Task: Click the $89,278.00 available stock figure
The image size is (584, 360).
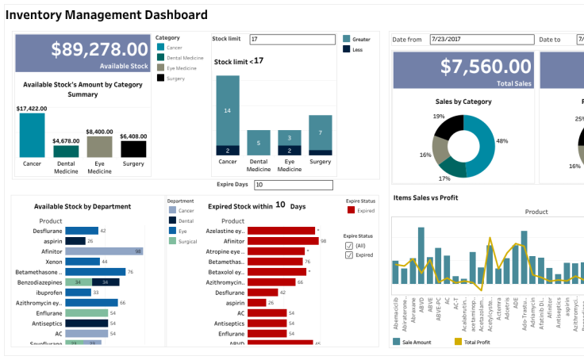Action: pyautogui.click(x=99, y=49)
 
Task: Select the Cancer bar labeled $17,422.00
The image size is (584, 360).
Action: pyautogui.click(x=33, y=135)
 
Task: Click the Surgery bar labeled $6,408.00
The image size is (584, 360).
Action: pyautogui.click(x=133, y=148)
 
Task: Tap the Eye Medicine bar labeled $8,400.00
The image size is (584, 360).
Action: pyautogui.click(x=99, y=147)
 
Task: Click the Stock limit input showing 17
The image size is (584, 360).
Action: pyautogui.click(x=292, y=39)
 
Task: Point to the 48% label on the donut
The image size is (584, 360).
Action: pyautogui.click(x=501, y=140)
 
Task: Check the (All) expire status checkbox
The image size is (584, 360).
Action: pyautogui.click(x=350, y=246)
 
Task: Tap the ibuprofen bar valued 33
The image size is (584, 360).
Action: pyautogui.click(x=78, y=292)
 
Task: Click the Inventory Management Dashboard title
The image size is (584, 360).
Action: pyautogui.click(x=106, y=14)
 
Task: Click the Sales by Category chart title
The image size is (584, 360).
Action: pyautogui.click(x=463, y=101)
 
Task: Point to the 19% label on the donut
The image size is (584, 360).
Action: pyautogui.click(x=439, y=117)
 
